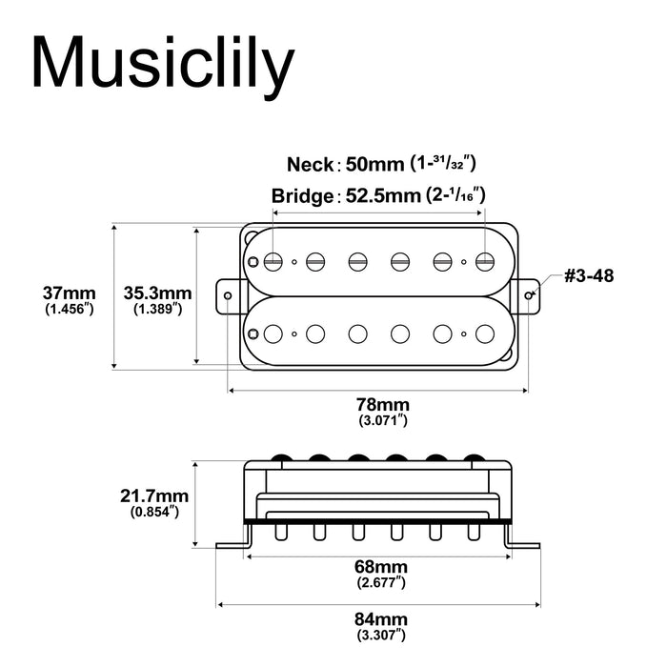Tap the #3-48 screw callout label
click(588, 275)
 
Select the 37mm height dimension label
click(69, 292)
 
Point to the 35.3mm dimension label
click(158, 293)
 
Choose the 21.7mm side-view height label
click(154, 495)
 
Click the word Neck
click(311, 164)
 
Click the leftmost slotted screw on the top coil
click(274, 260)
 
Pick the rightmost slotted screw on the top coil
click(485, 260)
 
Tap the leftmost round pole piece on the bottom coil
click(274, 333)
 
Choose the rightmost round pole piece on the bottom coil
click(485, 333)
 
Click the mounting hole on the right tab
click(529, 294)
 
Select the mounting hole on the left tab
click(230, 294)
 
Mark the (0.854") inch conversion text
click(154, 512)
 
